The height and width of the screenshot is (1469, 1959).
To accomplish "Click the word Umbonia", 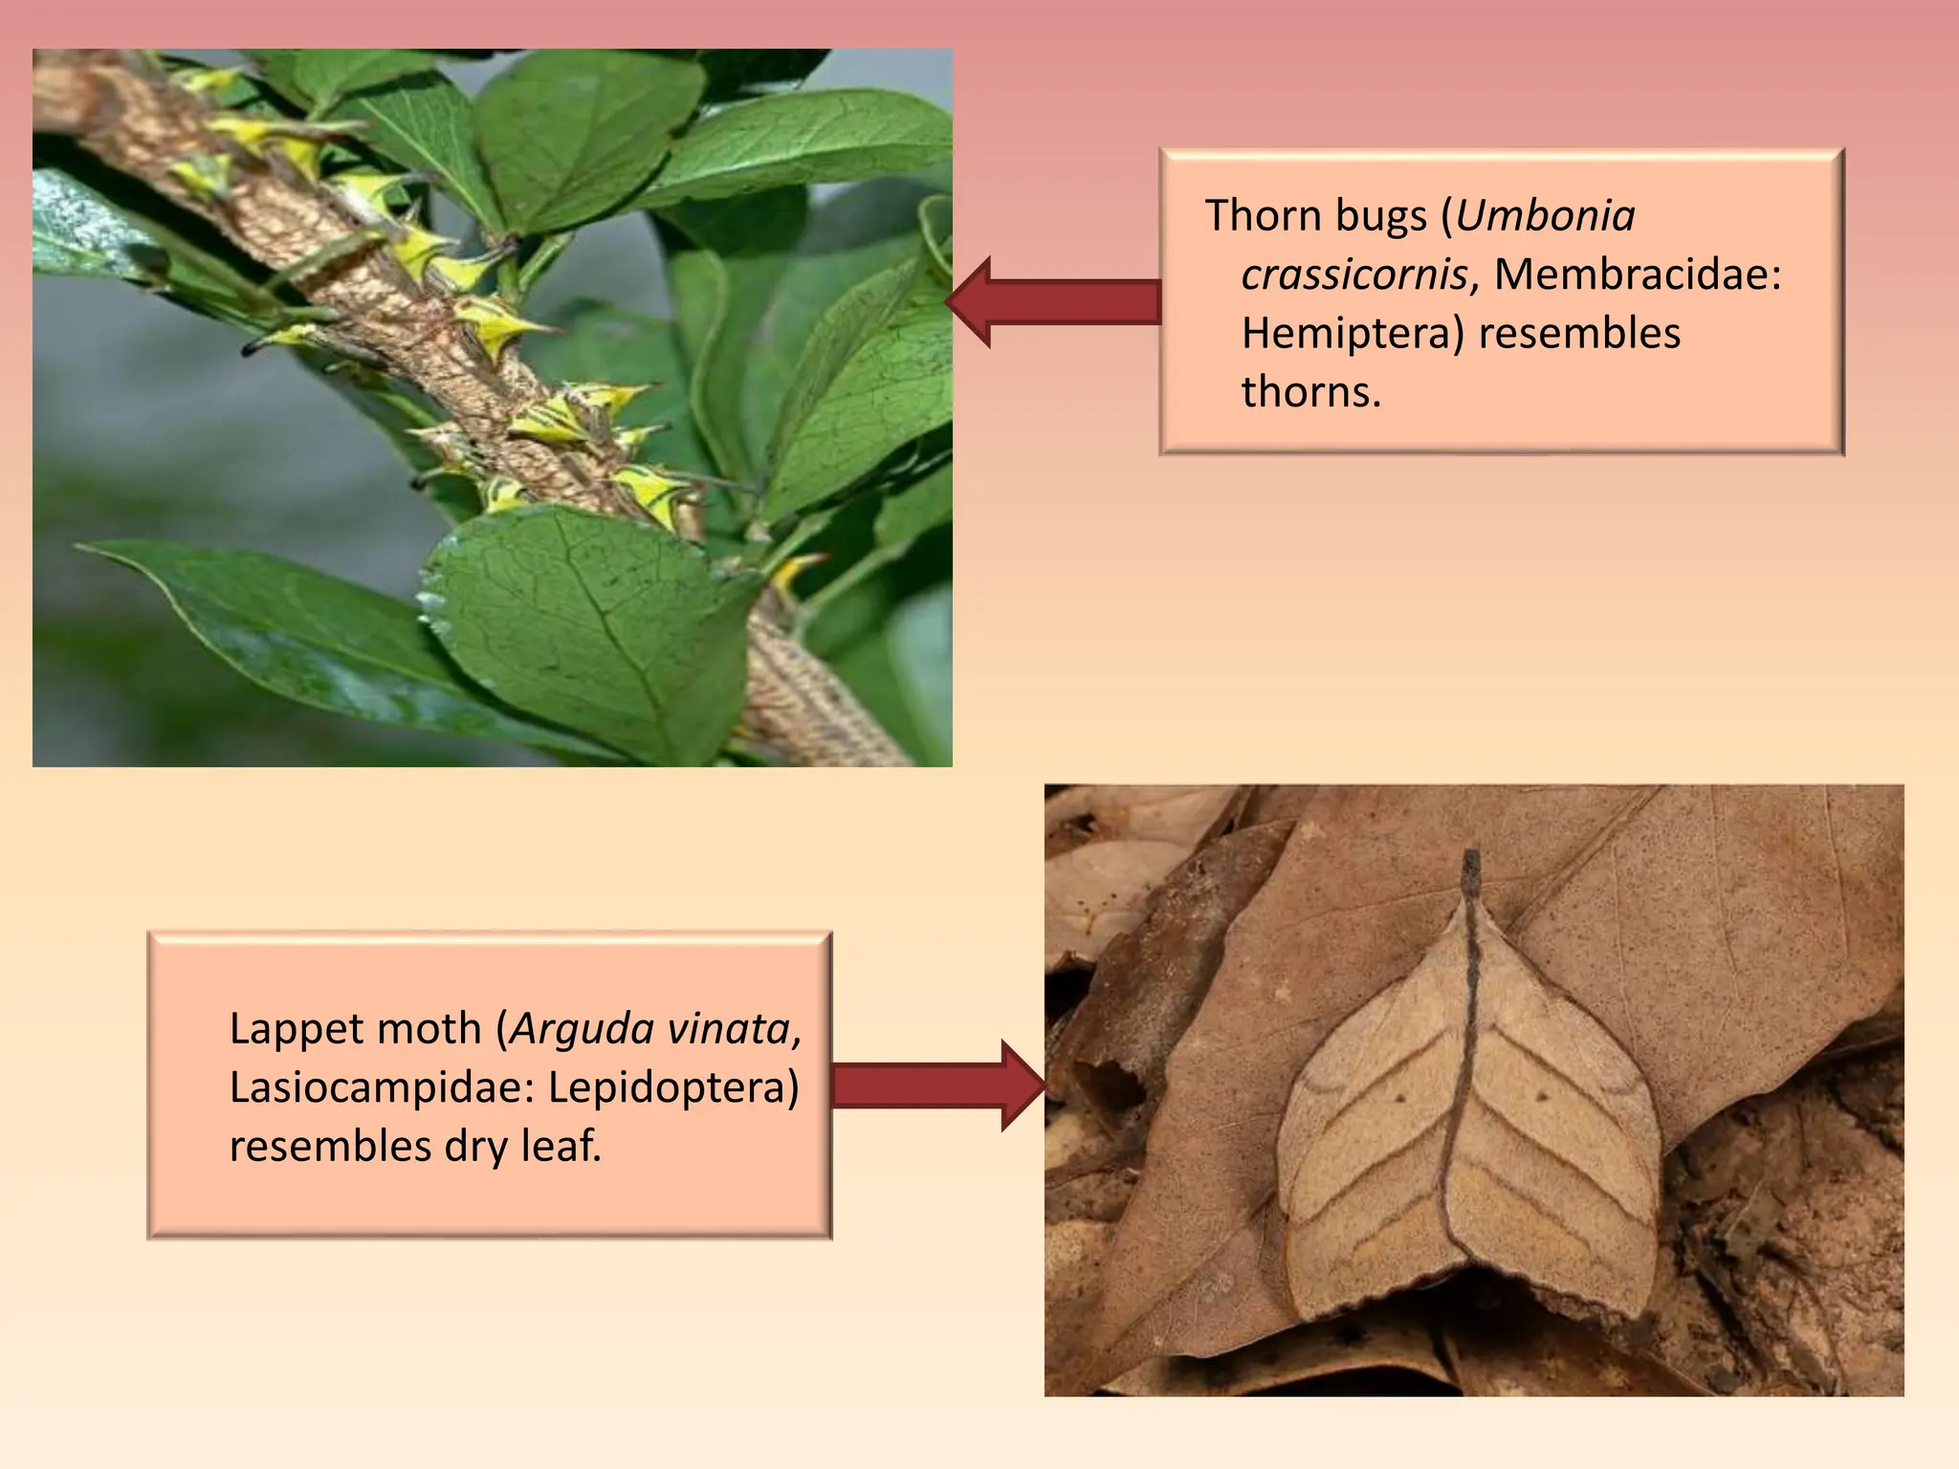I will [x=1545, y=216].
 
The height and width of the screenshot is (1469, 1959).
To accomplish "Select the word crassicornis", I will [x=1354, y=275].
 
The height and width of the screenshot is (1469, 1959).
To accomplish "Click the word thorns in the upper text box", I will [x=1310, y=393].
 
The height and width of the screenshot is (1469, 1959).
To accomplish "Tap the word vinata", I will [x=732, y=1030].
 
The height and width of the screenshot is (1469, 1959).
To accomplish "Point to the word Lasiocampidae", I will [x=368, y=1087].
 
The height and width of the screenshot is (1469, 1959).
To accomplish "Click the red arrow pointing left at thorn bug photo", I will [x=1052, y=302].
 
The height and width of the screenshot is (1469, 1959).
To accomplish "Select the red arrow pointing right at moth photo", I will [x=937, y=1086].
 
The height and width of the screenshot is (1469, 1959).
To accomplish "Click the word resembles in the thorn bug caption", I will [x=1579, y=335].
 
